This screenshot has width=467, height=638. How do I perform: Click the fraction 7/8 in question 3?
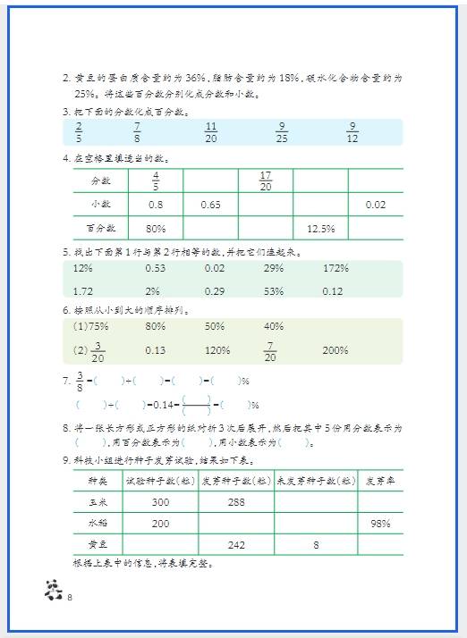pyautogui.click(x=136, y=132)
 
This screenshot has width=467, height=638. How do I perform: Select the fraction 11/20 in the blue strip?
pyautogui.click(x=211, y=132)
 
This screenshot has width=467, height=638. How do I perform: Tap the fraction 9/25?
pyautogui.click(x=282, y=132)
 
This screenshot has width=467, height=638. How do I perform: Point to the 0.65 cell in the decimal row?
pyautogui.click(x=210, y=206)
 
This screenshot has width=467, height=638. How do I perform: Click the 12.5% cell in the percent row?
pyautogui.click(x=320, y=229)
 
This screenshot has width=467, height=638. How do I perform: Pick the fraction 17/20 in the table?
pyautogui.click(x=265, y=181)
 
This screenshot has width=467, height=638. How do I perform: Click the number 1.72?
pyautogui.click(x=83, y=291)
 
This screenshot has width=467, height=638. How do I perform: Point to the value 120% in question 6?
pyautogui.click(x=217, y=350)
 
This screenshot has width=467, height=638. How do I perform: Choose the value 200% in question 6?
pyautogui.click(x=335, y=350)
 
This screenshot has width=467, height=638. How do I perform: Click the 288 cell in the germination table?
pyautogui.click(x=236, y=502)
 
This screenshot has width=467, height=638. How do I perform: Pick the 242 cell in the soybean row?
pyautogui.click(x=236, y=544)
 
